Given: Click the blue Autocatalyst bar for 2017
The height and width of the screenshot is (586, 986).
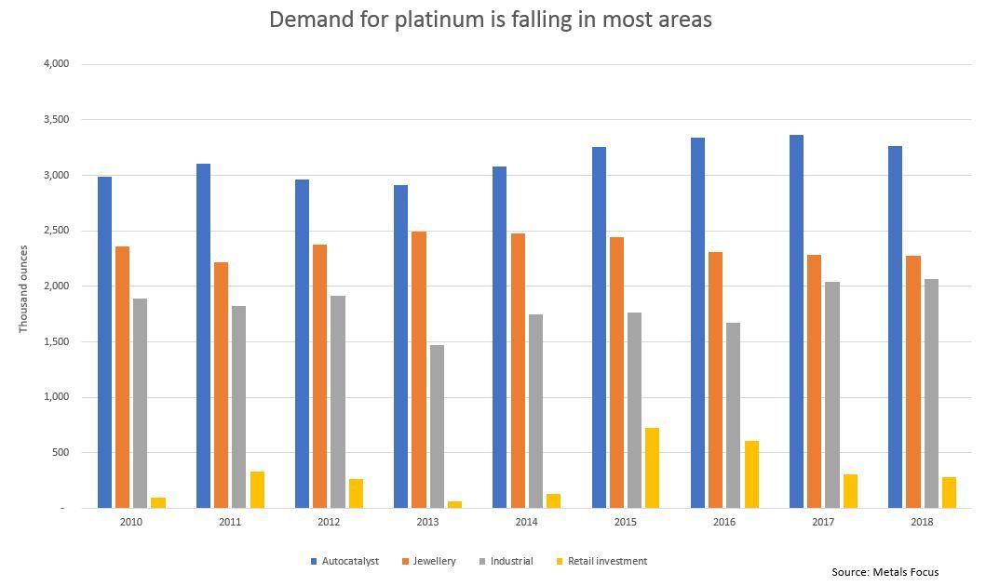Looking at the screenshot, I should coord(796,322).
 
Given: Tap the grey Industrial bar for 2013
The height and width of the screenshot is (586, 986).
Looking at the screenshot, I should coord(437,427).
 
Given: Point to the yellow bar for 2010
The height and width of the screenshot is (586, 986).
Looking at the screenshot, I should coord(158,503).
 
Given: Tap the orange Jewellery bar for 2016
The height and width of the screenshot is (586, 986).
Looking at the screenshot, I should coord(715,380).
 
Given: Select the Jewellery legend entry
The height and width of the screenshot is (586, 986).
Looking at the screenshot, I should coord(429,561).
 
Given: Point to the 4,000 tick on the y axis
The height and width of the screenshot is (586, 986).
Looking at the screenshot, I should coord(56,64).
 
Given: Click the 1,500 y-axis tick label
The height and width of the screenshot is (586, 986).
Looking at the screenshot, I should coord(56,341).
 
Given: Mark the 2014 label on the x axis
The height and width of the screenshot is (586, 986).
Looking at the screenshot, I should coord(526,522).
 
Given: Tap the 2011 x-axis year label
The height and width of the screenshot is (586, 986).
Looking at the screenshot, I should coord(230,522).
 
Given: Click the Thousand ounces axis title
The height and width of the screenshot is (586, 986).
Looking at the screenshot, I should coord(23,288).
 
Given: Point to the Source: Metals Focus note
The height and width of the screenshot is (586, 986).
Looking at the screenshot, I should coord(885,572).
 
